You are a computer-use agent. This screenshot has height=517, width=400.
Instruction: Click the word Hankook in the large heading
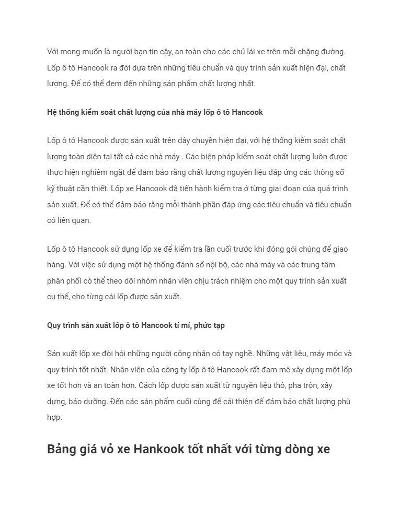(158, 449)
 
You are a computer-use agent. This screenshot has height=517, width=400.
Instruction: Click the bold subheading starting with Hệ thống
(155, 112)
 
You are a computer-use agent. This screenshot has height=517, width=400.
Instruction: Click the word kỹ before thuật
(51, 189)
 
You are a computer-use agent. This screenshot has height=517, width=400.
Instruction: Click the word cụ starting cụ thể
(52, 297)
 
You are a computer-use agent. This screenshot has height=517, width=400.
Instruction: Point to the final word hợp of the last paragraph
(54, 417)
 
